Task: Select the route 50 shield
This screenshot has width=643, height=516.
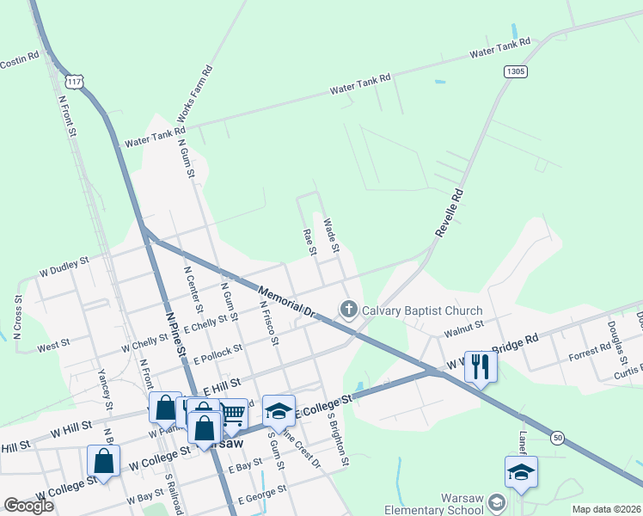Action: pos(558,439)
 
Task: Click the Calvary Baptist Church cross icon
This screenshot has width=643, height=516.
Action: pos(349,310)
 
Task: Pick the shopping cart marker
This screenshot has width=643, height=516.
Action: pos(234,414)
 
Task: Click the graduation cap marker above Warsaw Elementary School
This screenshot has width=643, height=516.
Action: pos(521,472)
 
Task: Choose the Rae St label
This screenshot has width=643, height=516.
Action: pos(310,242)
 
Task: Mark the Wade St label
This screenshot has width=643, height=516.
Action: pos(331,236)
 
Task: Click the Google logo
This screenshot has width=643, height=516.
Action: pos(29,506)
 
